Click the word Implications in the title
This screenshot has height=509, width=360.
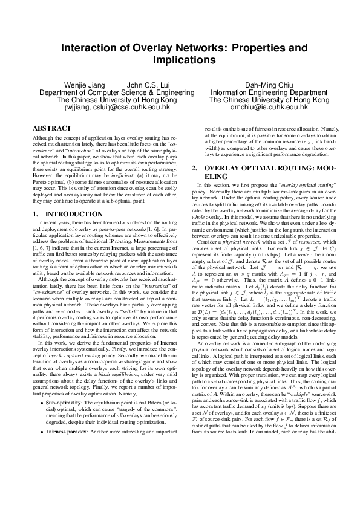tap(180, 60)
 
